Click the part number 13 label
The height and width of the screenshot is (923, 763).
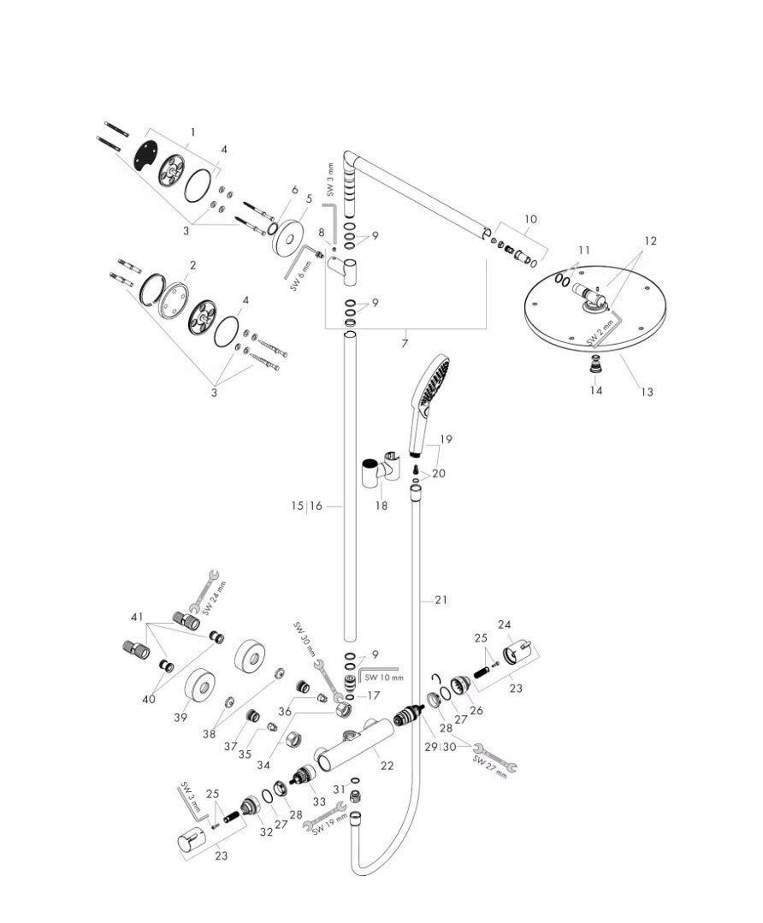coord(647,392)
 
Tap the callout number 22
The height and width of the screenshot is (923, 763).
coord(387,766)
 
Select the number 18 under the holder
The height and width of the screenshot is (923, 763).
coord(381,506)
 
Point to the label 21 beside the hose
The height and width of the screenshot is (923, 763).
coord(441,601)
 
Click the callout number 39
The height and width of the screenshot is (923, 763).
coord(180,717)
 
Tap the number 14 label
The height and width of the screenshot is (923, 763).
coord(596,391)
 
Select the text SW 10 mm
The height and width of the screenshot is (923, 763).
coord(383,677)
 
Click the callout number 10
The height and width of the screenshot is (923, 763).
coord(530,219)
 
